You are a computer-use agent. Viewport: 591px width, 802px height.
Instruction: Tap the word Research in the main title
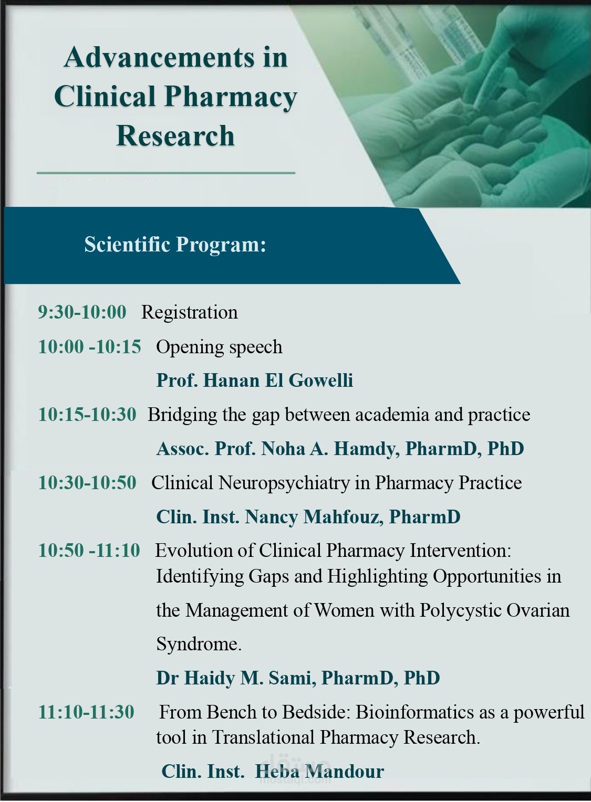point(175,136)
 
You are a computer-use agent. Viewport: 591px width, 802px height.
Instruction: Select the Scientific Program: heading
point(175,245)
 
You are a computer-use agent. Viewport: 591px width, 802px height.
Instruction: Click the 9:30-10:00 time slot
point(82,311)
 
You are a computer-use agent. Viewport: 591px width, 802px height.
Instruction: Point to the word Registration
point(190,312)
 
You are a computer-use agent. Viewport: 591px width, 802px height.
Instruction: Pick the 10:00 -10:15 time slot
point(90,346)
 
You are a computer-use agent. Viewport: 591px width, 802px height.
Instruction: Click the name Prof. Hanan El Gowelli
point(255,380)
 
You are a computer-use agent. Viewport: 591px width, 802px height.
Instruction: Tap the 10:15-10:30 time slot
point(87,414)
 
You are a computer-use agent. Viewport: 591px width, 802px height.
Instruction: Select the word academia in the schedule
point(392,415)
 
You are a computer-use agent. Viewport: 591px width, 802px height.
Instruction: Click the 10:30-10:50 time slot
point(87,482)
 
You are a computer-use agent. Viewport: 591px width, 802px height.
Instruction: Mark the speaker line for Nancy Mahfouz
point(308,517)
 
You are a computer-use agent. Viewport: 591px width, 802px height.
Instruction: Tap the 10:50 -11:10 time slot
point(89,550)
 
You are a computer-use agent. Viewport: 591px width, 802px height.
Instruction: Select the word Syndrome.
point(199,645)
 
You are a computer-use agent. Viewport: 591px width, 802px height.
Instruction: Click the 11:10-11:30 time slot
point(86,712)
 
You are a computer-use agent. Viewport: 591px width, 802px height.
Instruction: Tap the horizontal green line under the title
point(165,173)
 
